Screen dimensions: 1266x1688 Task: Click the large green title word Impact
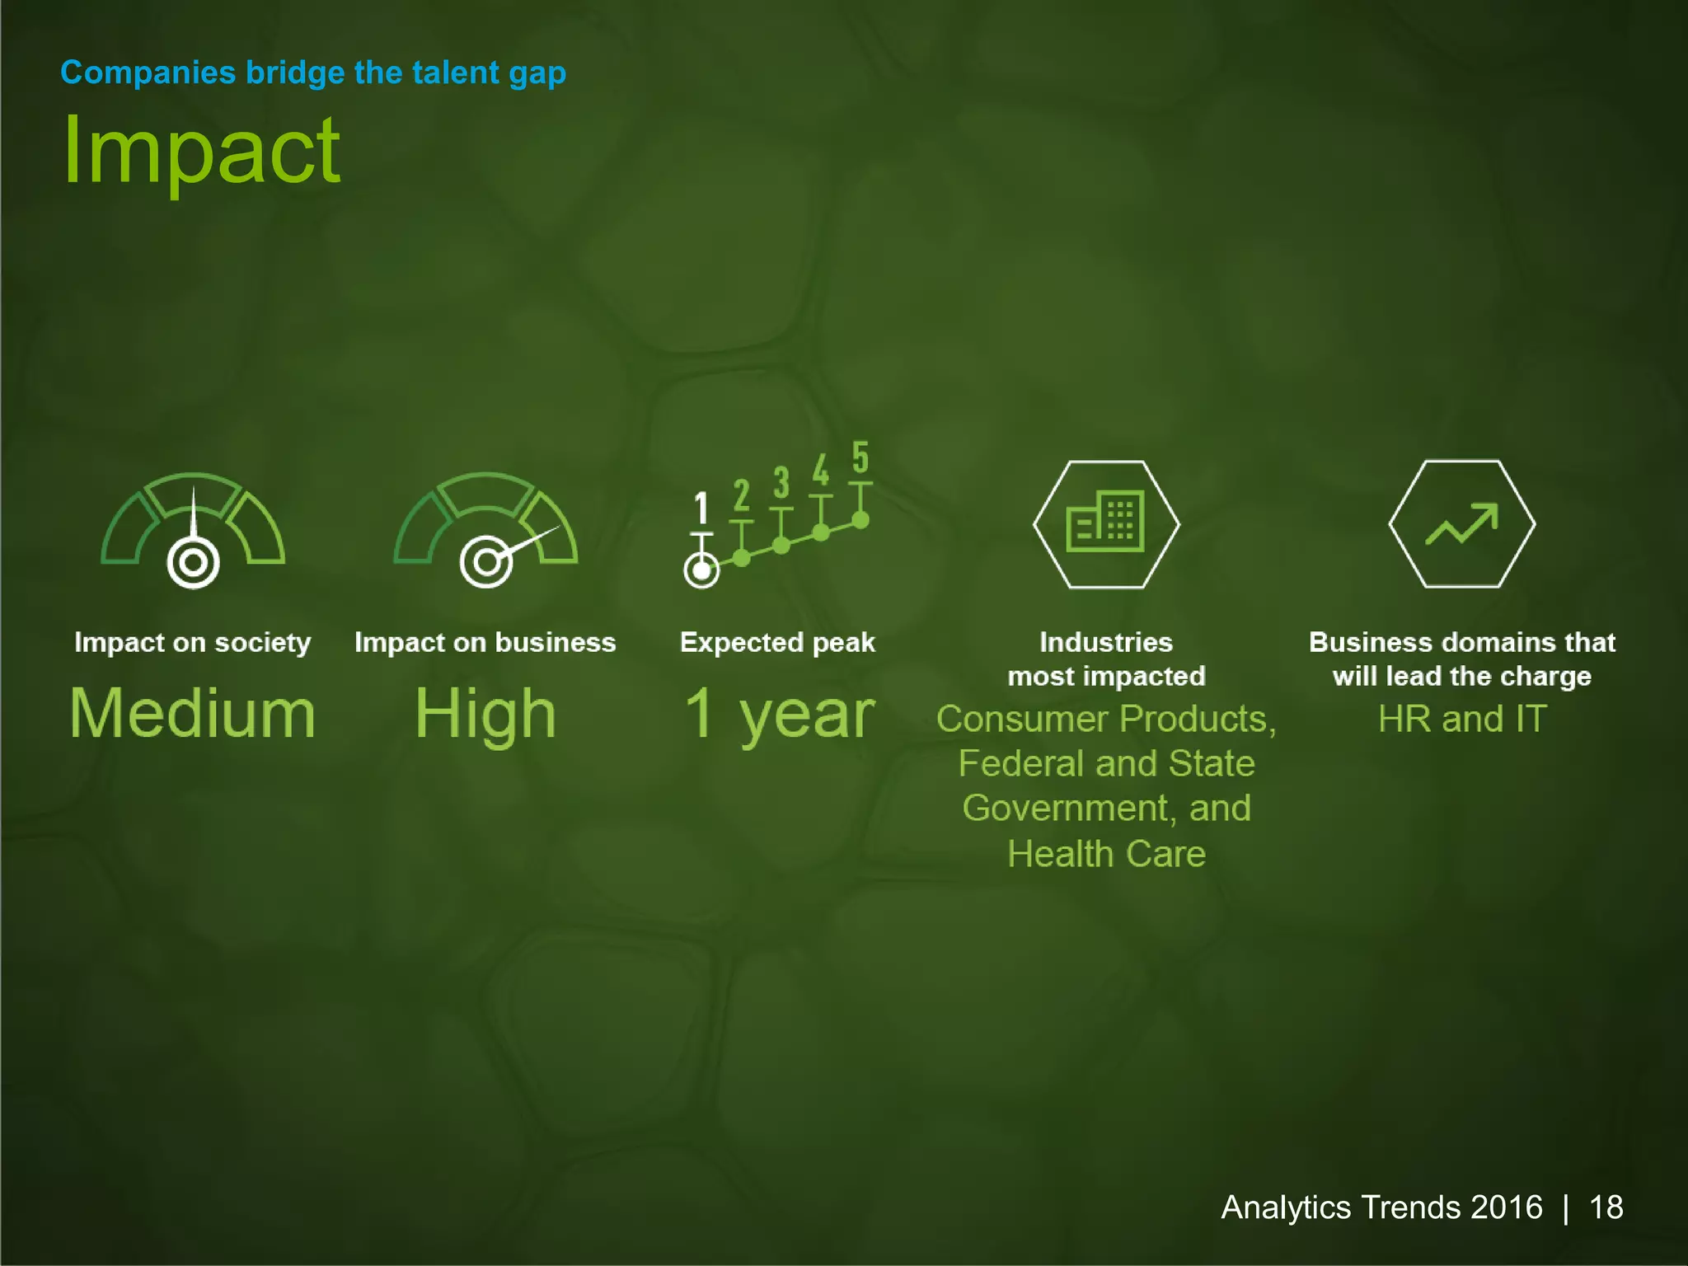(x=201, y=152)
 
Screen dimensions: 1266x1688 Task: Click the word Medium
(x=193, y=714)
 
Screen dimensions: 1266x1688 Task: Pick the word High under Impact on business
(x=485, y=714)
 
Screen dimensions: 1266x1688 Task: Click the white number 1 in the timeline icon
(x=701, y=508)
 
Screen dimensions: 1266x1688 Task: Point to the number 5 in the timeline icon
(x=860, y=457)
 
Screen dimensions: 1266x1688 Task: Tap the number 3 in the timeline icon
(x=781, y=483)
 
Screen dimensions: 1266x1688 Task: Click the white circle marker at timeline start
(x=701, y=570)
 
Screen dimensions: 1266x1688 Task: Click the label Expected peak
(x=777, y=643)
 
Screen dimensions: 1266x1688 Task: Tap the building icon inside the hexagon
(x=1105, y=522)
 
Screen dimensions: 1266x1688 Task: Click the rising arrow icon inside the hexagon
(x=1461, y=524)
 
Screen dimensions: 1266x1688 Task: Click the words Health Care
(x=1106, y=854)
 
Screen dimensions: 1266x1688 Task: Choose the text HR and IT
(x=1462, y=720)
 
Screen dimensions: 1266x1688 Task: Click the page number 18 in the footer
(x=1606, y=1207)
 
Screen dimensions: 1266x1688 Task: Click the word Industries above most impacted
(x=1106, y=643)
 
